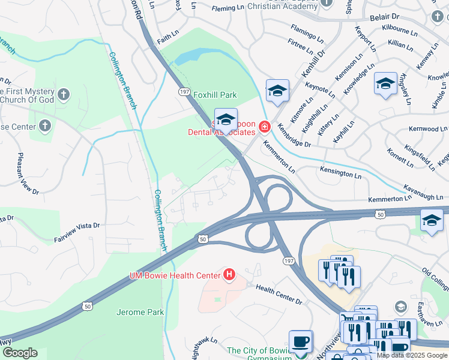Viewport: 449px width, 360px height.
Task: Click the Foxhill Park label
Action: [x=215, y=95]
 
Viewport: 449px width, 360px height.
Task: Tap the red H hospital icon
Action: [x=229, y=275]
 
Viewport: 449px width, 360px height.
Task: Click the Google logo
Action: [x=20, y=353]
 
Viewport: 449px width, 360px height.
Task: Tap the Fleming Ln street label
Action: [x=228, y=8]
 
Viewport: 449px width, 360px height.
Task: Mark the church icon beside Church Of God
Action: [x=64, y=94]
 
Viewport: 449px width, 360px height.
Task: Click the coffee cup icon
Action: [x=300, y=341]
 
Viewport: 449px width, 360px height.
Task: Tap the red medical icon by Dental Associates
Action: [x=264, y=127]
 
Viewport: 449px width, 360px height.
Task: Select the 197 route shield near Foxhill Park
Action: [x=184, y=90]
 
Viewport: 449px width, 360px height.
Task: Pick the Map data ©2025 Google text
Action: [x=412, y=355]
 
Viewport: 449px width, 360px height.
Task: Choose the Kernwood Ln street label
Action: [x=428, y=129]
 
